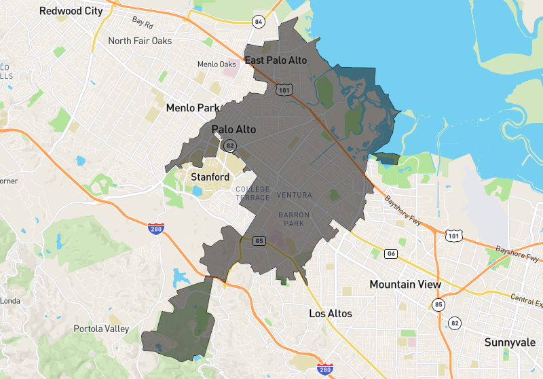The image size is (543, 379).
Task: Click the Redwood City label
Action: (x=71, y=11)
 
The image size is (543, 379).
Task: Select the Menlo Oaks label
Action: (x=217, y=65)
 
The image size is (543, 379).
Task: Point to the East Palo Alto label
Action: (x=276, y=60)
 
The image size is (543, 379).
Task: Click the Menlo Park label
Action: (x=193, y=108)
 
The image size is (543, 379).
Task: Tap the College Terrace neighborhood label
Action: (x=252, y=193)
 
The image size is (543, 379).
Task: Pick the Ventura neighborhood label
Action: (x=294, y=196)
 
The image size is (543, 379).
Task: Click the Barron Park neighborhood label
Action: (x=294, y=219)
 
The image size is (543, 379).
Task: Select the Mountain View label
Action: (x=405, y=285)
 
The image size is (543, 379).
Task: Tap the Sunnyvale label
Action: (x=510, y=342)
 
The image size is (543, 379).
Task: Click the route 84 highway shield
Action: (x=258, y=22)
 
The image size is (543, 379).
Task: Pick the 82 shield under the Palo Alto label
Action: (x=231, y=145)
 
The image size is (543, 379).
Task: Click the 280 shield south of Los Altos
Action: (x=325, y=368)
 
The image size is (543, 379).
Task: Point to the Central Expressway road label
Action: (x=525, y=299)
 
